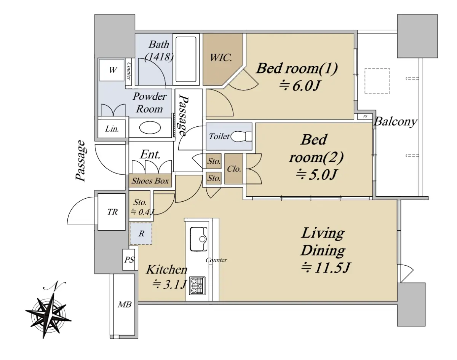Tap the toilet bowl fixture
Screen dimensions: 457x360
click(241, 137)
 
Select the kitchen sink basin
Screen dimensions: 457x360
click(198, 239)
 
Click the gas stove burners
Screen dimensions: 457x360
click(197, 286)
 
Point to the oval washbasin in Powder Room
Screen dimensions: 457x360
click(150, 127)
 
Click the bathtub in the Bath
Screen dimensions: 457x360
click(186, 59)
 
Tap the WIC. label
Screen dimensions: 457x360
click(221, 57)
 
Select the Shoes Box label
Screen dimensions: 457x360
click(150, 181)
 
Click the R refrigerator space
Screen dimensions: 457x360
click(141, 234)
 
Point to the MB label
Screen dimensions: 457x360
click(125, 304)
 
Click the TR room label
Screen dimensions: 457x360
click(112, 212)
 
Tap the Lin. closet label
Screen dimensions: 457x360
click(112, 129)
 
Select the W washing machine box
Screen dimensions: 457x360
click(112, 70)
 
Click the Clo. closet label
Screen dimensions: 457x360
click(234, 169)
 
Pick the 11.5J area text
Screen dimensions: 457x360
click(326, 268)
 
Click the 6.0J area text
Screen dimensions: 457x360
click(299, 86)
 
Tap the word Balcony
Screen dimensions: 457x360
click(396, 122)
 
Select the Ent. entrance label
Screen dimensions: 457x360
click(150, 155)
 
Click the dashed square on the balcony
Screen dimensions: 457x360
click(377, 81)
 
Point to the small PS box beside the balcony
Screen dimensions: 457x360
click(365, 116)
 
